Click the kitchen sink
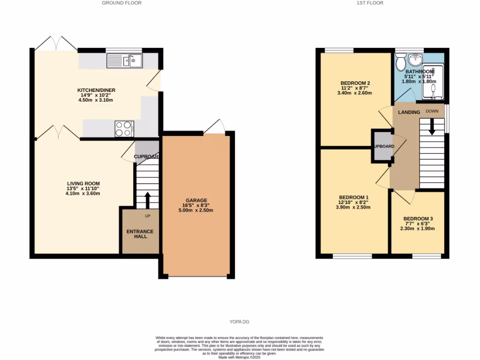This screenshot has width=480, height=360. point(125,61)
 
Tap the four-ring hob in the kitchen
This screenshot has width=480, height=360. point(124,128)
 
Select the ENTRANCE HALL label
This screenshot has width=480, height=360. point(140,234)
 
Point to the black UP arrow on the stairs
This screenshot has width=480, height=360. point(148,199)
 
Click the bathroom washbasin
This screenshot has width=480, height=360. point(415,60)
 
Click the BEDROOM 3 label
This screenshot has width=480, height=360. point(418,219)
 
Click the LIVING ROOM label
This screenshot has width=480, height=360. point(83,183)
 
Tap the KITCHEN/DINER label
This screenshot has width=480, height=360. point(96,90)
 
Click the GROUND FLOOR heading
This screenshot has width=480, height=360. point(122,3)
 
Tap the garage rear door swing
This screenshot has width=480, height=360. point(214,126)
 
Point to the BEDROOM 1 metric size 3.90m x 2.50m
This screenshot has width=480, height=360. point(354,207)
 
